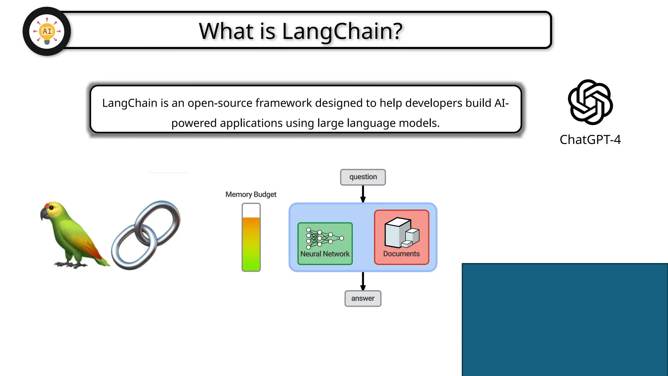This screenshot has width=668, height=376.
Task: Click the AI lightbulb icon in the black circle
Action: point(47,31)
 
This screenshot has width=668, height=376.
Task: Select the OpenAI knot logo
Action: point(590,102)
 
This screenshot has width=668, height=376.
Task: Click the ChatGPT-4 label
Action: point(590,140)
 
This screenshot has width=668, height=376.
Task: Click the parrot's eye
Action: point(51,208)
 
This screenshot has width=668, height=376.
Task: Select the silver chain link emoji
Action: point(146,235)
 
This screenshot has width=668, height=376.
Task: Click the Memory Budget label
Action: point(251,195)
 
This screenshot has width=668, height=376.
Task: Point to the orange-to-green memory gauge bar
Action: point(251,243)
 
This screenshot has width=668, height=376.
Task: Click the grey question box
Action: point(363,177)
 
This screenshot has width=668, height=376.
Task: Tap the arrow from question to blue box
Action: point(363,194)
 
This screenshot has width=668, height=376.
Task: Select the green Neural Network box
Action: point(325,243)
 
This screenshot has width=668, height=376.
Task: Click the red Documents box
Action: point(402,237)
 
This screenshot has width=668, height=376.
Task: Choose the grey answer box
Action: point(363,298)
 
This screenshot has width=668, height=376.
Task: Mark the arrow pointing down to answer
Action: point(363,281)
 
